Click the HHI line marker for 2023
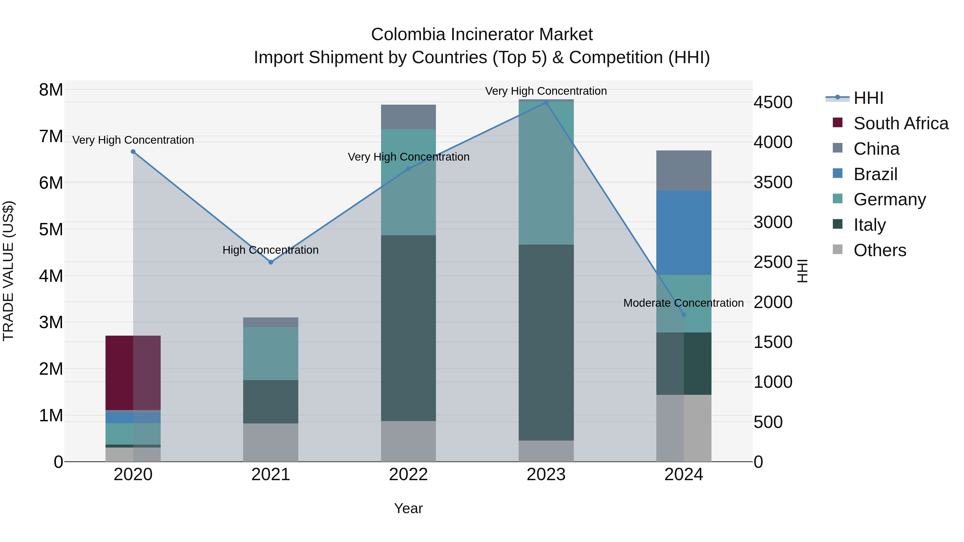[546, 103]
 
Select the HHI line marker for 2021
[270, 262]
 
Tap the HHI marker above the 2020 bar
[133, 151]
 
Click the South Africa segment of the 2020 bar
[133, 373]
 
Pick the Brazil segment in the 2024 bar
[684, 233]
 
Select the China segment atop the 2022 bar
[408, 117]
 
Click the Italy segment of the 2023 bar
[546, 342]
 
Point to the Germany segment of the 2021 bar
[270, 354]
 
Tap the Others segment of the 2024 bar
[684, 428]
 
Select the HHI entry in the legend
[868, 98]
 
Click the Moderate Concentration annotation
[683, 303]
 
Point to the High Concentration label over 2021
[270, 250]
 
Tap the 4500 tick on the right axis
[773, 103]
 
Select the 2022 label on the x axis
[408, 475]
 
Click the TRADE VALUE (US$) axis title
[8, 271]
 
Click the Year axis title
[408, 508]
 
